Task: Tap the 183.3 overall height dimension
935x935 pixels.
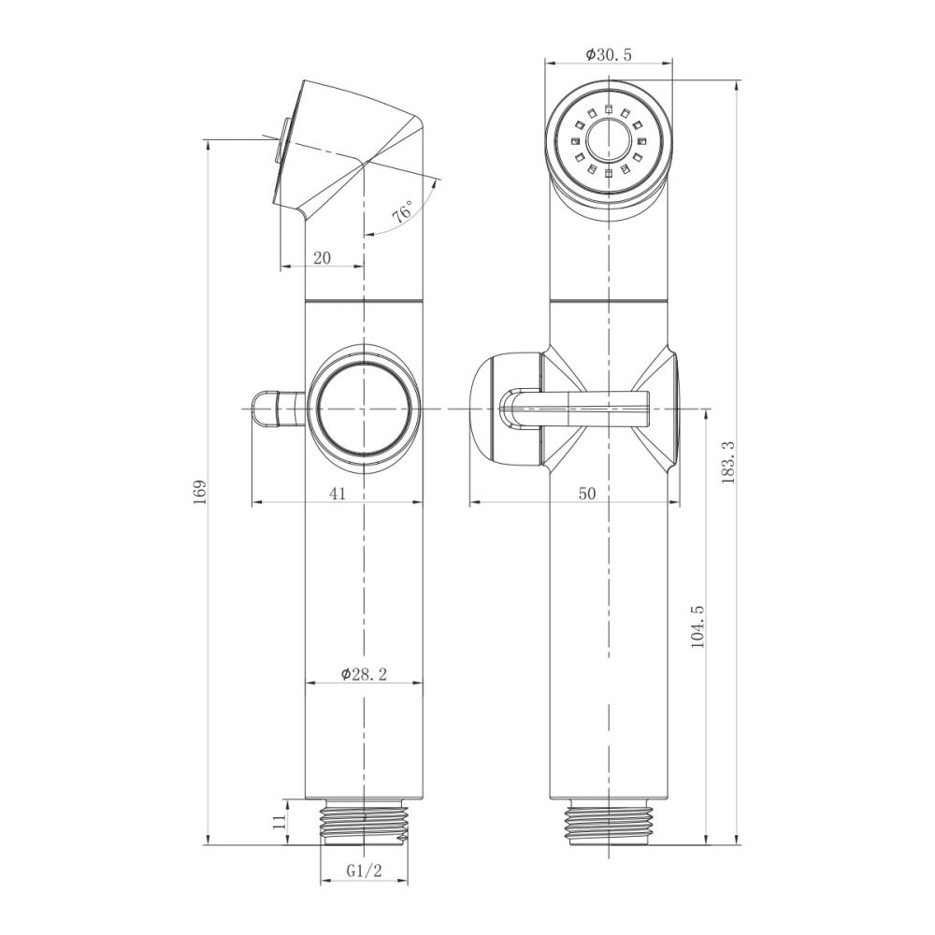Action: pyautogui.click(x=728, y=463)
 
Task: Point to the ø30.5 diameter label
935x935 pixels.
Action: pyautogui.click(x=609, y=55)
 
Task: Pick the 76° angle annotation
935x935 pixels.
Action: pyautogui.click(x=403, y=212)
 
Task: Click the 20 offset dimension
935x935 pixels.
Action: pyautogui.click(x=323, y=258)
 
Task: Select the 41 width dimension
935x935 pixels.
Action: pyautogui.click(x=338, y=494)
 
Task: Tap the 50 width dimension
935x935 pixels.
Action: pyautogui.click(x=586, y=494)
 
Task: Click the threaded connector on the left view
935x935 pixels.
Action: pyautogui.click(x=364, y=822)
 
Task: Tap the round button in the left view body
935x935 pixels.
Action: pyautogui.click(x=364, y=409)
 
